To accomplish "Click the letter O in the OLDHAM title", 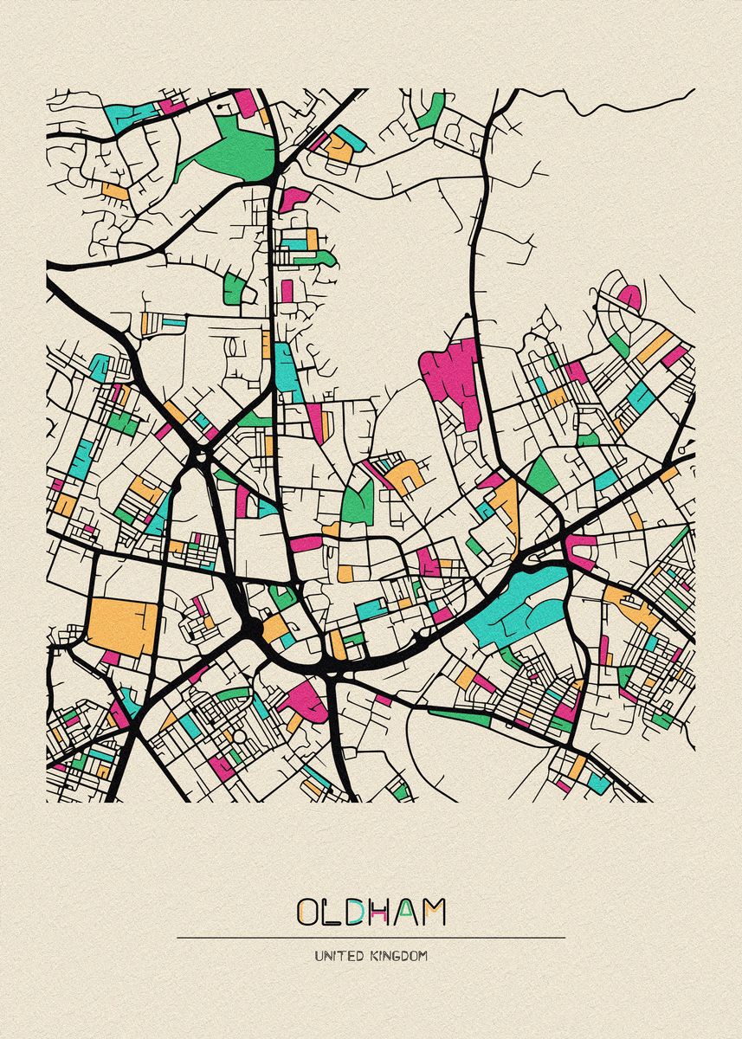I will coord(310,913).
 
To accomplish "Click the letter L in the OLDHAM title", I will coord(335,913).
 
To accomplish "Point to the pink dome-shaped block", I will coord(629,297).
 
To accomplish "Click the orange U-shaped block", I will coord(403,476).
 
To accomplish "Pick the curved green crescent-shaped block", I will coord(229,692).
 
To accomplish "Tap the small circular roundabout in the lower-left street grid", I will coord(239,737).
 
